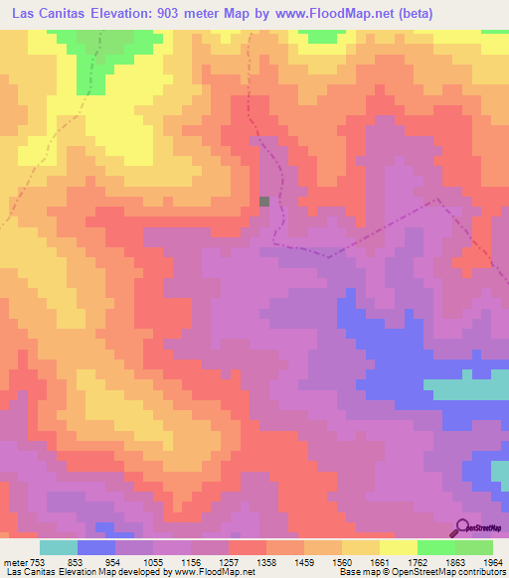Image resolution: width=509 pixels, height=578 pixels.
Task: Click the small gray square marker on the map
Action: [x=264, y=201]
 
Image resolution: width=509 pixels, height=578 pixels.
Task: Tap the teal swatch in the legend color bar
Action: [x=59, y=547]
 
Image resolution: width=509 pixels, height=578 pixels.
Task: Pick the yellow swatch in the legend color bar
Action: [x=399, y=547]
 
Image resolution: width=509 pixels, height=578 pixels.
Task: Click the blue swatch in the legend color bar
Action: [x=96, y=547]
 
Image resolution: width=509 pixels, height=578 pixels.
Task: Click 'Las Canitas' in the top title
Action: [x=50, y=13]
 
